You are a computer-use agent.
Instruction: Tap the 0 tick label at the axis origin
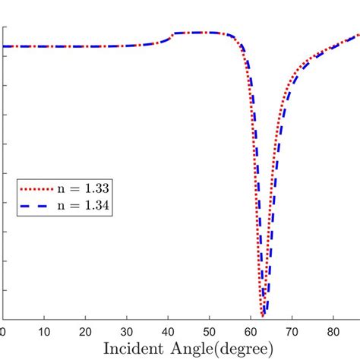click(3, 332)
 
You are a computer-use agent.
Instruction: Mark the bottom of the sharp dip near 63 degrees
click(263, 314)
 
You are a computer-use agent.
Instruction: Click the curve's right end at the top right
click(358, 35)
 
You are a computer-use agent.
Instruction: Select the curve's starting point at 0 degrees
click(3, 46)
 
